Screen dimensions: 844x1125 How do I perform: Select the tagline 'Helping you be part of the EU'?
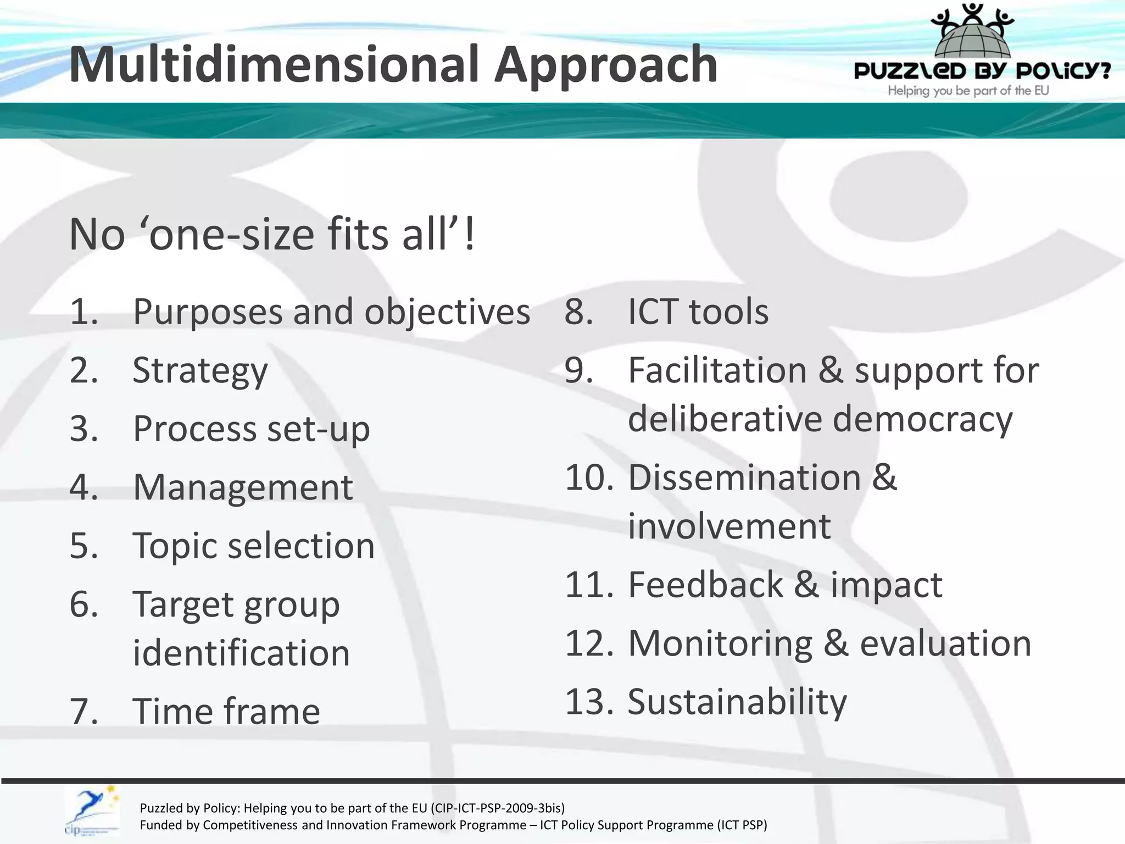(968, 91)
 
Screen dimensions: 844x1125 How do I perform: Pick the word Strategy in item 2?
(200, 371)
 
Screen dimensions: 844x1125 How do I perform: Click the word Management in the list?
(243, 487)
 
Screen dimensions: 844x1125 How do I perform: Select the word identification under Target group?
(241, 653)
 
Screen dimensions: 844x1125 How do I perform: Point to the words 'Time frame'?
(226, 712)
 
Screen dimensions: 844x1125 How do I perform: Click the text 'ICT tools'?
(698, 312)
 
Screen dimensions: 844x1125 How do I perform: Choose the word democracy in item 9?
(923, 419)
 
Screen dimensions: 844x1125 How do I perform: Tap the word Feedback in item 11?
(705, 585)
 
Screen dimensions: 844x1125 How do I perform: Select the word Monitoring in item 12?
(720, 643)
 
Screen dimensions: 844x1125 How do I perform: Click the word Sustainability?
(737, 702)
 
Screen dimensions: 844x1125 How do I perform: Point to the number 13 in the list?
(588, 702)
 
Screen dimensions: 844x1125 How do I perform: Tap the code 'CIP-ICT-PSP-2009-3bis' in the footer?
(498, 808)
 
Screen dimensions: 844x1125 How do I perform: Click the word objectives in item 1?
(447, 312)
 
